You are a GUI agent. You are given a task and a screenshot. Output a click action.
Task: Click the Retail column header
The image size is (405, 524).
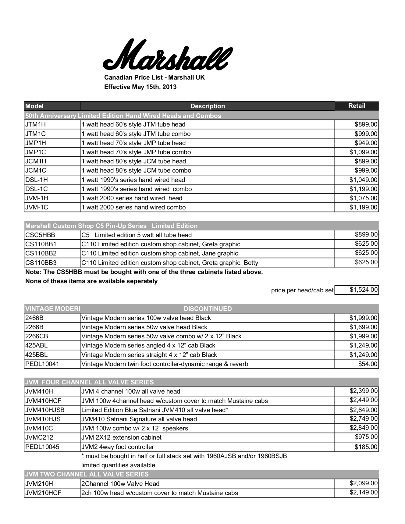(357, 106)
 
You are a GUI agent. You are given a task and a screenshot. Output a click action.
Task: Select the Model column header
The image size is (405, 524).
(34, 106)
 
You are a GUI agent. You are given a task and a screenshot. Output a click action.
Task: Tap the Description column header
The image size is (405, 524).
(208, 106)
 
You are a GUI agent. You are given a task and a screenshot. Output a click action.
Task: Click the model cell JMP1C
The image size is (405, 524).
(36, 152)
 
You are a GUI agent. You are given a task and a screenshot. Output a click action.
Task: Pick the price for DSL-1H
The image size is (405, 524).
(363, 180)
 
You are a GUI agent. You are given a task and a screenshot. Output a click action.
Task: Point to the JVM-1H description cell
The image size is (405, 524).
(132, 198)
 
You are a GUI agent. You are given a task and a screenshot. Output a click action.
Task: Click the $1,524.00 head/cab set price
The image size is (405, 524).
(364, 290)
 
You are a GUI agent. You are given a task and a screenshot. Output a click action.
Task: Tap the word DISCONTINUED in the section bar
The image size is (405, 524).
(208, 309)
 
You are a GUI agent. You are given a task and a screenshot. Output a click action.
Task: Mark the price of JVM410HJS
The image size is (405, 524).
(364, 419)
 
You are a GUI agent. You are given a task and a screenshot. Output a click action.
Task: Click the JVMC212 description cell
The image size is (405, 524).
(121, 437)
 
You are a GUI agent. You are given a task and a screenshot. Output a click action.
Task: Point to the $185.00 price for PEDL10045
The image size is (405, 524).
(366, 447)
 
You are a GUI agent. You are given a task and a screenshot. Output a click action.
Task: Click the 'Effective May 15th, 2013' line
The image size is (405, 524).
(140, 87)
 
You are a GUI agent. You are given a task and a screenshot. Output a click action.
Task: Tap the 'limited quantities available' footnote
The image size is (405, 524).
(118, 465)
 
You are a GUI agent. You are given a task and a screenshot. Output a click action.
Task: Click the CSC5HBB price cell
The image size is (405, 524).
(366, 234)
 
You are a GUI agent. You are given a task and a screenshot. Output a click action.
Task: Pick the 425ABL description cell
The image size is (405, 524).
(148, 345)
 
